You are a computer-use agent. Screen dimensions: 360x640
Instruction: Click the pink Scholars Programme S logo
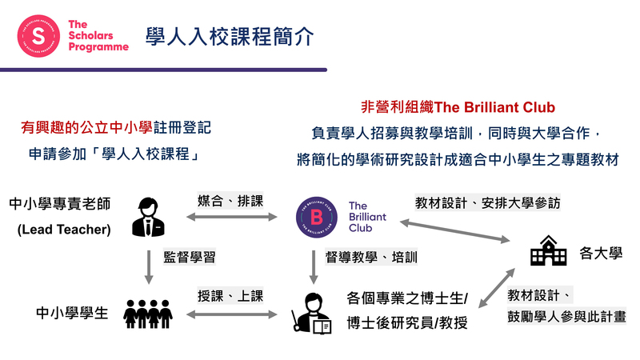pos(39,36)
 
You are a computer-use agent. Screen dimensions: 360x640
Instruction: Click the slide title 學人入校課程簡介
pos(230,36)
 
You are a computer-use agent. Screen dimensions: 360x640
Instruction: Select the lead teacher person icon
pos(146,217)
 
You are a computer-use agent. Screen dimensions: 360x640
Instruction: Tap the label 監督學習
pos(190,258)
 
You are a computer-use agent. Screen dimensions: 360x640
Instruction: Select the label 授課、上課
pos(230,296)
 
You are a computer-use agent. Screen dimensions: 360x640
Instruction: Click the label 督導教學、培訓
pos(371,258)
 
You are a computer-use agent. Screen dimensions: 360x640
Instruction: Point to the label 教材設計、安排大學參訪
pos(487,202)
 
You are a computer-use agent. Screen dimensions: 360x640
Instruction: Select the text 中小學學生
pos(72,314)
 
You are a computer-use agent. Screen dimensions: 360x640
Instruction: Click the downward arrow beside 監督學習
pos(148,266)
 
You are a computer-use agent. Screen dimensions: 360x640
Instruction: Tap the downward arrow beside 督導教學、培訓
pos(314,266)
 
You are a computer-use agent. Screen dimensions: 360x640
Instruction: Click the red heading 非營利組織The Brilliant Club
pos(458,107)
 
